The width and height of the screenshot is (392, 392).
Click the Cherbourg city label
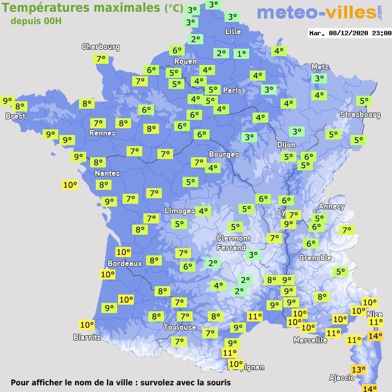click(x=100, y=47)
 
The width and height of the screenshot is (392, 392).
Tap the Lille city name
click(x=232, y=31)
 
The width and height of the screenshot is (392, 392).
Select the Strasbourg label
click(x=360, y=115)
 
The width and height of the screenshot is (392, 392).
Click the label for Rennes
click(x=102, y=133)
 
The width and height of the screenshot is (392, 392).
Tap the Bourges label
click(x=223, y=154)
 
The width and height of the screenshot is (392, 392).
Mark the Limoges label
click(x=179, y=211)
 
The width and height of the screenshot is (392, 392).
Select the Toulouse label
click(x=180, y=327)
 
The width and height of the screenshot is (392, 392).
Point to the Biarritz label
click(x=87, y=337)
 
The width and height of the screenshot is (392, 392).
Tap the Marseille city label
click(x=310, y=340)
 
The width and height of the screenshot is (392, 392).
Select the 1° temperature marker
click(x=241, y=54)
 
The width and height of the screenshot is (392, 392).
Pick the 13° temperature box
click(x=358, y=369)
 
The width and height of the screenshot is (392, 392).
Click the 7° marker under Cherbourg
click(x=101, y=59)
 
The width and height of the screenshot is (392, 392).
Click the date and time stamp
click(x=349, y=33)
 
